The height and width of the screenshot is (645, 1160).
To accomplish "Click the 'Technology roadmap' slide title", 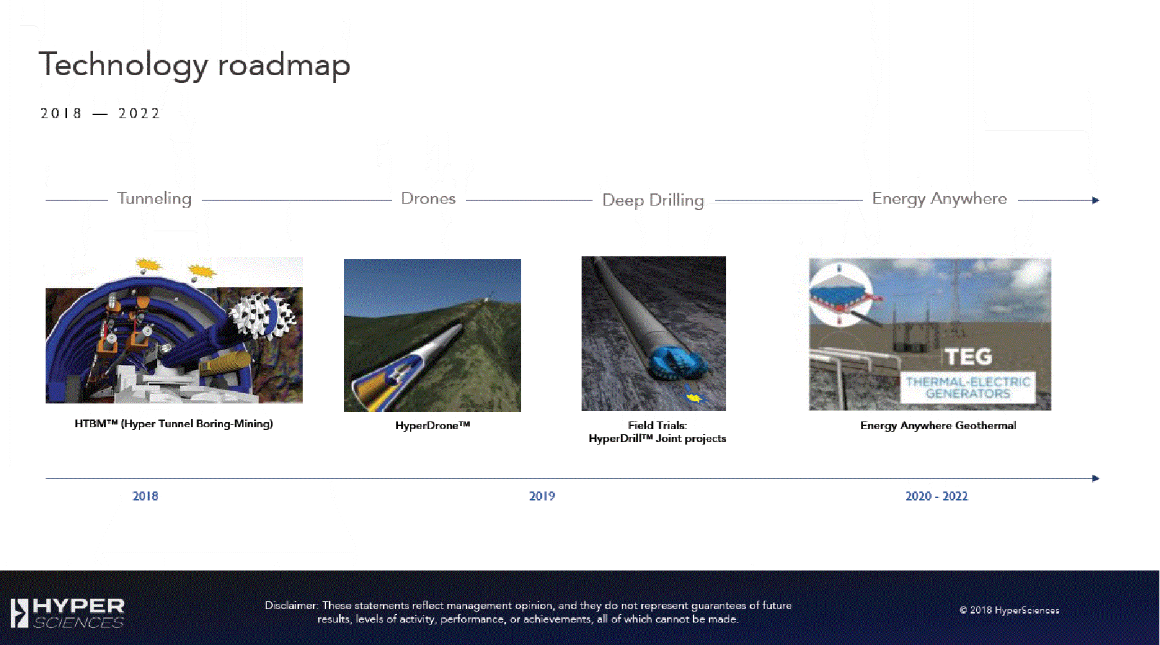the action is click(194, 66).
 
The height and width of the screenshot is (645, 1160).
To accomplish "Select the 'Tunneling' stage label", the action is click(154, 199).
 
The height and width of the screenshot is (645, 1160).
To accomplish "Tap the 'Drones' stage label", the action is click(428, 199).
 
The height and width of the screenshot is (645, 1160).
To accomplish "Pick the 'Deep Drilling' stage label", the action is click(653, 200).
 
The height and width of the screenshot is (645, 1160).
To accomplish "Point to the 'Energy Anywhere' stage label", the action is click(940, 199).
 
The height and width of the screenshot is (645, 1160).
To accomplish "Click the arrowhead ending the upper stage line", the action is click(1096, 200).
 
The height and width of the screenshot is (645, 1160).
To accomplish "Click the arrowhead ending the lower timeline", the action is click(1096, 479).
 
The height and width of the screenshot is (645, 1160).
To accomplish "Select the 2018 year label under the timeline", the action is click(145, 496).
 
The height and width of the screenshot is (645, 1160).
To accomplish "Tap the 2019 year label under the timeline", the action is click(542, 496).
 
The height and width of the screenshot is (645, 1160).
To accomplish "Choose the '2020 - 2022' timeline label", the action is click(936, 496).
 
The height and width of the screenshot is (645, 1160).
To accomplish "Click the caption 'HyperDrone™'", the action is click(433, 425).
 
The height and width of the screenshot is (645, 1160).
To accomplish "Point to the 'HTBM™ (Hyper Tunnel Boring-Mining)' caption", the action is click(174, 424).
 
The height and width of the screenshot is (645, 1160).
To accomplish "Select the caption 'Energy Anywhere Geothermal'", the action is click(938, 426).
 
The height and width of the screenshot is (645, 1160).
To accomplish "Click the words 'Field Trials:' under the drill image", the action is click(657, 425).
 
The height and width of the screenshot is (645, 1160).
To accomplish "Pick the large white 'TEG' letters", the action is click(968, 357).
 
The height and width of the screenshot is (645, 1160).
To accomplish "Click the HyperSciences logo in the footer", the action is click(67, 613).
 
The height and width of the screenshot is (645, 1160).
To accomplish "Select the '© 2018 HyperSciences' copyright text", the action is click(1010, 610).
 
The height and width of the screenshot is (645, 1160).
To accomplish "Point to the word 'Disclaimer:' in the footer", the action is click(292, 605).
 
